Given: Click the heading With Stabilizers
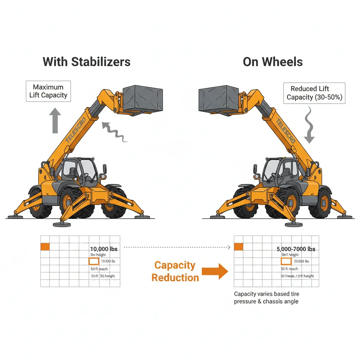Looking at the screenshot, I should [x=86, y=62].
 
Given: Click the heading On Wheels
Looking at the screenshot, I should [x=272, y=62].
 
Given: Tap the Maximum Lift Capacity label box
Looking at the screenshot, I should [x=48, y=91].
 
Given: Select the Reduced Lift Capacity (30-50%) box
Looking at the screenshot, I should [x=314, y=93].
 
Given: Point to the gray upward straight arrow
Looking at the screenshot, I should [x=54, y=121].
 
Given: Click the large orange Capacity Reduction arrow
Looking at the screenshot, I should [x=215, y=271].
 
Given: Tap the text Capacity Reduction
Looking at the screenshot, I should [x=175, y=271].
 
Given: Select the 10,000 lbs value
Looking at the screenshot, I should [x=104, y=249].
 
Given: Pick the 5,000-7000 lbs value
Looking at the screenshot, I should [x=296, y=249].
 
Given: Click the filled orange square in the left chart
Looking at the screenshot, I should [x=45, y=247].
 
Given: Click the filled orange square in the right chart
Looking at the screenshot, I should [x=238, y=247].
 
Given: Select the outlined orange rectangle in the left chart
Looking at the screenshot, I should [x=94, y=261].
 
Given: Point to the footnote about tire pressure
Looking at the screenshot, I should [x=266, y=297].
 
